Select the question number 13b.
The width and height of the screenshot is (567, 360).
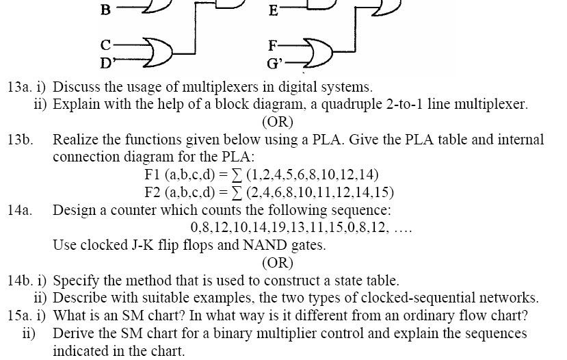click(x=21, y=140)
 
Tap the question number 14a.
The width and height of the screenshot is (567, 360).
click(x=21, y=210)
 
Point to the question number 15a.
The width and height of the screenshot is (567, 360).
click(x=21, y=316)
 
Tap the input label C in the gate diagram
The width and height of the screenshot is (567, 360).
click(x=105, y=46)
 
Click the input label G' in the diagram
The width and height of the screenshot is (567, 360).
click(x=274, y=65)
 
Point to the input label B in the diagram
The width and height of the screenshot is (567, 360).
click(x=105, y=10)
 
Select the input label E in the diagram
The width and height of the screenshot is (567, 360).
click(x=274, y=10)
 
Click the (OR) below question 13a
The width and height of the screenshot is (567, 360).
click(x=277, y=122)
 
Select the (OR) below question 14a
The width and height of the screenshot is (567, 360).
click(x=277, y=262)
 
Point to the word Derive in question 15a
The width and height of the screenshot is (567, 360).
click(x=73, y=334)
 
